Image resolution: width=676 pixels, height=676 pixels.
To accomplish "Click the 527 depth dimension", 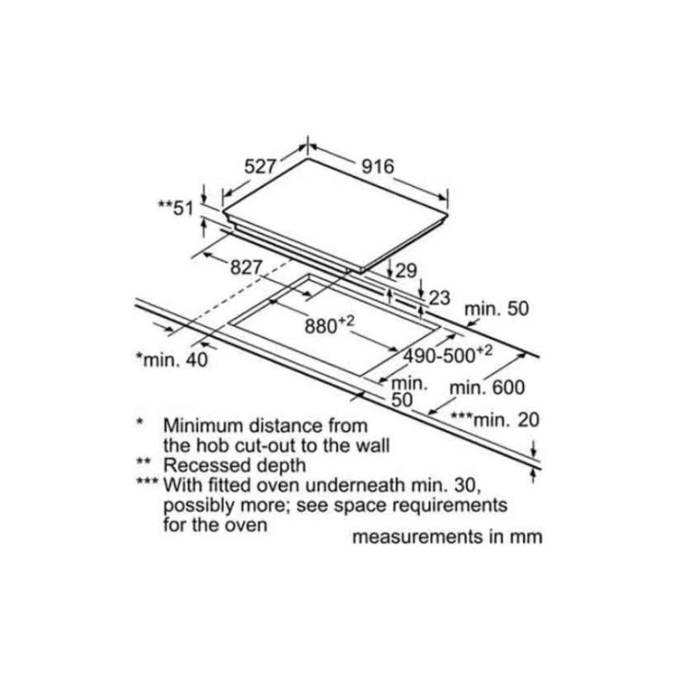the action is pos(259,166).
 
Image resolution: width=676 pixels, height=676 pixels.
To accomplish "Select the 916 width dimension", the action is pos(378,166).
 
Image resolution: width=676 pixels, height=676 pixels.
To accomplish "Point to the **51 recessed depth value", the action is pos(176,208).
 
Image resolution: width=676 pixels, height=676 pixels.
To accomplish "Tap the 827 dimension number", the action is pos(246,268).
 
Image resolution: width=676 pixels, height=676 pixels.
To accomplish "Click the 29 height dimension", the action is pos(406,270).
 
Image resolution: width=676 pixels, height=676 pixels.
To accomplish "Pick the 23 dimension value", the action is pos(439,298).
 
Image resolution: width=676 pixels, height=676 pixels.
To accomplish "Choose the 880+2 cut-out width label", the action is pos(330,325).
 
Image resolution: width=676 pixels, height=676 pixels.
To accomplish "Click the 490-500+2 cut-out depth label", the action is pos(448,355).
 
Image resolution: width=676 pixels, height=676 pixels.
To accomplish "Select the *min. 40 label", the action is pos(172,360).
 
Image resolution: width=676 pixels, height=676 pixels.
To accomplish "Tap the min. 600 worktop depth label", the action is pos(488,388).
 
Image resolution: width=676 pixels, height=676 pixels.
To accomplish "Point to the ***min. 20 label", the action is pos(495,419).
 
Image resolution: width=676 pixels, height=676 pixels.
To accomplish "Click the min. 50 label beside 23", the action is pos(497,308).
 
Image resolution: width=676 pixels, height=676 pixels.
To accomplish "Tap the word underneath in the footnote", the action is pos(355,485).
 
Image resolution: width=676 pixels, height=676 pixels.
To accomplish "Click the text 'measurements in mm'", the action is pos(447,537).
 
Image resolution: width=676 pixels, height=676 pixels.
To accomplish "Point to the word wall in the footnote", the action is pos(372,446).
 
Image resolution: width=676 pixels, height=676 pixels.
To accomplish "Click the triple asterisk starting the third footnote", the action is pos(147,482).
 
